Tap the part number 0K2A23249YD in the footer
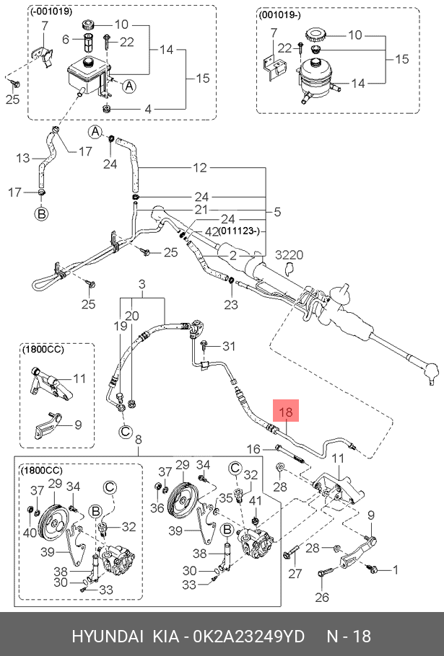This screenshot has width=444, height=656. click(x=248, y=637)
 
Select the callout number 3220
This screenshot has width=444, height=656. click(x=290, y=254)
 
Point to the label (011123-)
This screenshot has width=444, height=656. click(x=239, y=231)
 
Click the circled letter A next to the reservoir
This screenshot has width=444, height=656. click(x=129, y=87)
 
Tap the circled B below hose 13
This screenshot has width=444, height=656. click(x=41, y=214)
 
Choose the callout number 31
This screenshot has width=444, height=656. click(x=229, y=346)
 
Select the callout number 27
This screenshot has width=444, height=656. click(x=295, y=573)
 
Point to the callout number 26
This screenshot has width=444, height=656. click(x=322, y=597)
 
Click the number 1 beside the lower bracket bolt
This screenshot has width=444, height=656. click(x=395, y=569)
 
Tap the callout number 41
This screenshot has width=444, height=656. click(x=256, y=500)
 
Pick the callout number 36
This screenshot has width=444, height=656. click(x=157, y=508)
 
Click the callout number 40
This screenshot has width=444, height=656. click(x=30, y=532)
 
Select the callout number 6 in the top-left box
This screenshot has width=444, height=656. click(x=66, y=40)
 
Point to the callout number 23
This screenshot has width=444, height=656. click(x=230, y=304)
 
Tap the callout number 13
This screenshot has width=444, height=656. click(x=22, y=158)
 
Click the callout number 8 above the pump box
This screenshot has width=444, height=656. click(x=139, y=439)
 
